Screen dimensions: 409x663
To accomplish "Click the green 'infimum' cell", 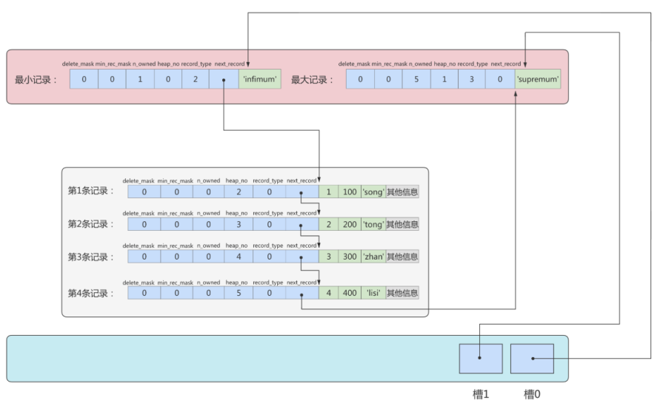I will tap(260, 79).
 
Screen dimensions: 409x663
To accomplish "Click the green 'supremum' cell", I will tap(538, 79).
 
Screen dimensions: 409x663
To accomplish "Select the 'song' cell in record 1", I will tap(373, 192).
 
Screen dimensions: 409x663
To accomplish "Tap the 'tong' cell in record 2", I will tap(373, 224).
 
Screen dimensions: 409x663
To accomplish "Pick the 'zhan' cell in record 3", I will tap(373, 257).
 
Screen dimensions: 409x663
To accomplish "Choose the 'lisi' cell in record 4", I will tap(373, 293).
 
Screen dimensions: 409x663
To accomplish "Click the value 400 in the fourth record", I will tap(348, 293).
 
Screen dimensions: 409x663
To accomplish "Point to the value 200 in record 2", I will tap(348, 224).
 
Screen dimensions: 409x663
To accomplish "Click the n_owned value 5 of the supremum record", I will tap(416, 79).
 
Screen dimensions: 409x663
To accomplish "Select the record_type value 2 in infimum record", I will tap(195, 79).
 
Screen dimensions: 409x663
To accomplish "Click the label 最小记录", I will tap(35, 79).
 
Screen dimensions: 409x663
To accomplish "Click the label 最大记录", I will tap(312, 79).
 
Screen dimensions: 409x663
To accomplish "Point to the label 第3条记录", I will tap(91, 257).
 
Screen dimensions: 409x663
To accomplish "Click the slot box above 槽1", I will tap(481, 359).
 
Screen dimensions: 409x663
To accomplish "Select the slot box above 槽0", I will tap(532, 359).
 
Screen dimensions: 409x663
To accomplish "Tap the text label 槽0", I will tap(532, 396).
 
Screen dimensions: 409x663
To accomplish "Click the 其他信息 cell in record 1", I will tap(402, 192).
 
